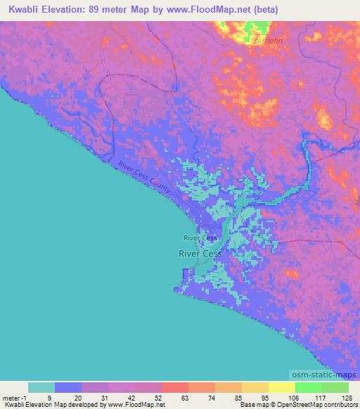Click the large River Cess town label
200,253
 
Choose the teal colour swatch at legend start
41,387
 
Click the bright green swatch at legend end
335,387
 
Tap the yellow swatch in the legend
282,387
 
